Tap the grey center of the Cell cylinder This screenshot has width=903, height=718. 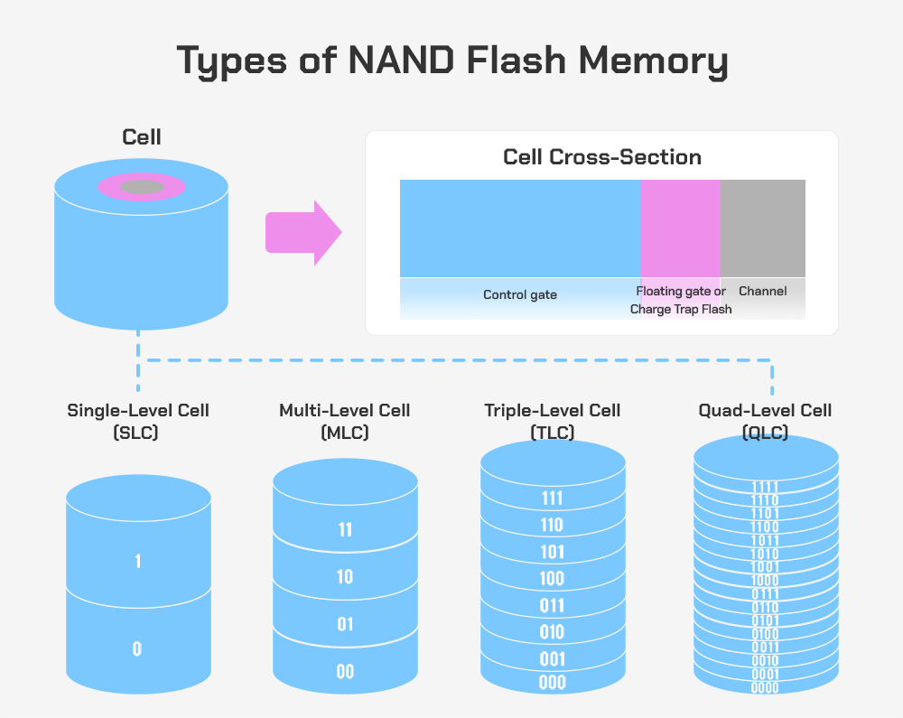coord(142,187)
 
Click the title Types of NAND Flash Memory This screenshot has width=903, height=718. coord(451,61)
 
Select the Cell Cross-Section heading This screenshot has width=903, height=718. coord(601,157)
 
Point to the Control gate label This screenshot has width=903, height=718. coord(520,294)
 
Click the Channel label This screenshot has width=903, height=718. coord(762,291)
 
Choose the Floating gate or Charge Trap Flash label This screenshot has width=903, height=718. coord(681,300)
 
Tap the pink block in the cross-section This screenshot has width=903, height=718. coord(680,228)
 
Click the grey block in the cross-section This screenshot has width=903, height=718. coord(762,228)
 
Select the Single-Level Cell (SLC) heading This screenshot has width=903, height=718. coord(138,421)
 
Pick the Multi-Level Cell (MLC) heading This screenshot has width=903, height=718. coord(345,421)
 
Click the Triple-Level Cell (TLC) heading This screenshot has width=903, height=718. coord(553,421)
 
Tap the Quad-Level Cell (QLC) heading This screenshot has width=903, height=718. coord(765,421)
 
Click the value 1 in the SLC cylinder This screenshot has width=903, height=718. coord(137,562)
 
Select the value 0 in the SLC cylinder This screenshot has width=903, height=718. coord(137,648)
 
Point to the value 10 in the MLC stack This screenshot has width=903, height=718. coord(345,577)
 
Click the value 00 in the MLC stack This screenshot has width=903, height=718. coord(345,672)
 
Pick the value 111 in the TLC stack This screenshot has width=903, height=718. coord(552,499)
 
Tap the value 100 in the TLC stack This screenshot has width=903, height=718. coord(552,579)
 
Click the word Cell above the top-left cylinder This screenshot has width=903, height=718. coord(142,137)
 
